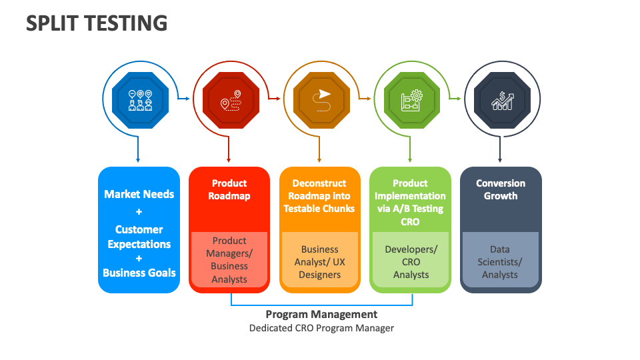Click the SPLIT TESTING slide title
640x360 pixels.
(97, 23)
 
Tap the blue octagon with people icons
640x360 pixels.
(139, 99)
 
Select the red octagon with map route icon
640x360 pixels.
(230, 99)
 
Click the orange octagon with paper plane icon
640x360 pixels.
(321, 99)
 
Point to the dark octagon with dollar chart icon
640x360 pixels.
(501, 99)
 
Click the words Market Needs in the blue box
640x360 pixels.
(139, 194)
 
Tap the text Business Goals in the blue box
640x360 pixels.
(139, 272)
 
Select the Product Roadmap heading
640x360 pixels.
(229, 189)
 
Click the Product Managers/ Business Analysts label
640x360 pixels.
(229, 260)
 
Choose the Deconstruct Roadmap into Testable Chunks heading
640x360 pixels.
(319, 195)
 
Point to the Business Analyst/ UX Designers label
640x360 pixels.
(320, 262)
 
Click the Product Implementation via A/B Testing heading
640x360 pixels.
(410, 202)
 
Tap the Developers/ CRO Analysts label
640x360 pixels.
(411, 262)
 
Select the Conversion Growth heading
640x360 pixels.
(501, 189)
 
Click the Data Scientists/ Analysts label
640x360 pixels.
(500, 262)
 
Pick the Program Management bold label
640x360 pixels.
(321, 314)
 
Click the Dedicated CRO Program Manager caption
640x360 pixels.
(321, 328)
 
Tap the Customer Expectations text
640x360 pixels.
(139, 237)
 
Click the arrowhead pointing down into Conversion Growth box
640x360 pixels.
(500, 160)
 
